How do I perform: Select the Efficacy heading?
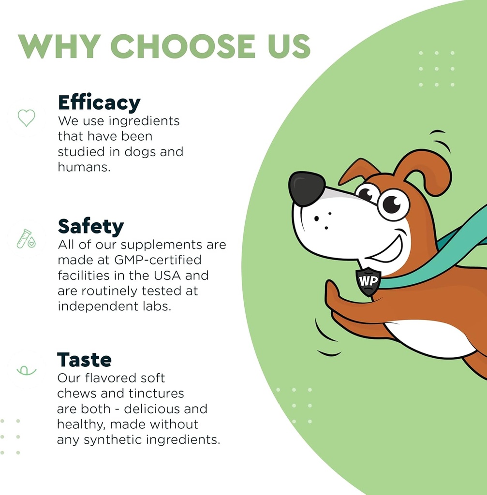[x=99, y=103]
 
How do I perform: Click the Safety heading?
[x=91, y=226]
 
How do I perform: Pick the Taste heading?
[x=85, y=360]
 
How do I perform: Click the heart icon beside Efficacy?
[x=26, y=117]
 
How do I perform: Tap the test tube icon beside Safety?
[x=26, y=238]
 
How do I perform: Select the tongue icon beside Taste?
[x=26, y=370]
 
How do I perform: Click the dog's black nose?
[x=307, y=188]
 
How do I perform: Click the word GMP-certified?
[x=158, y=260]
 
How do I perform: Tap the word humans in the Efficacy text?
[x=82, y=167]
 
